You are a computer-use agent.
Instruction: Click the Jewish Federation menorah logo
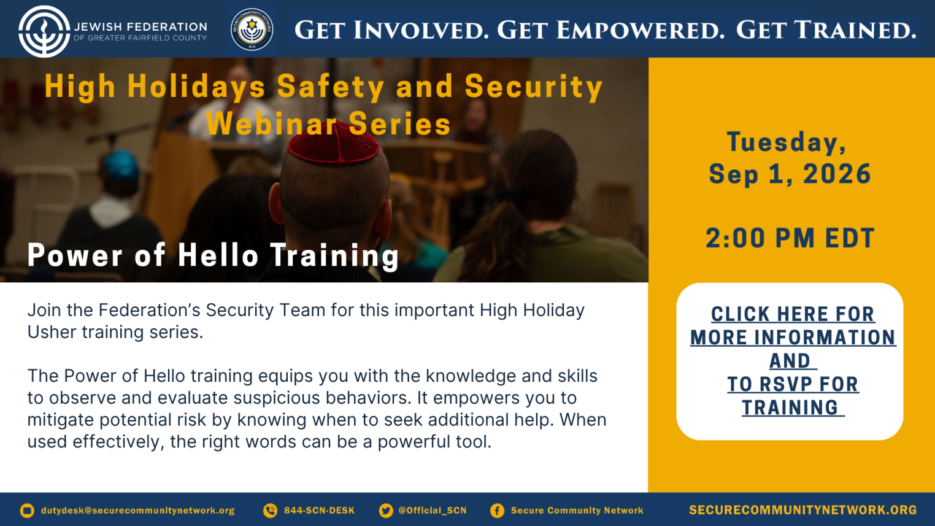[x=44, y=31]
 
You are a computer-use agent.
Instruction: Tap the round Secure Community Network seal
[x=252, y=29]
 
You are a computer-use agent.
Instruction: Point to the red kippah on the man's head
[x=333, y=142]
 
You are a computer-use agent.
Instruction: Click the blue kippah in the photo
[x=121, y=165]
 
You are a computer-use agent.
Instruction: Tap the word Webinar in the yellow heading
[x=272, y=124]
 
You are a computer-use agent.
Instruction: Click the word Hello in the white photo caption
[x=218, y=255]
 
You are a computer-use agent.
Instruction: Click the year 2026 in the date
[x=837, y=174]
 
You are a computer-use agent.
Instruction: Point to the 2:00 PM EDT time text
[x=790, y=238]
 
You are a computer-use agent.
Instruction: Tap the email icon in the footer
[x=27, y=510]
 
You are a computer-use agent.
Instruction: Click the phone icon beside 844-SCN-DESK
[x=270, y=510]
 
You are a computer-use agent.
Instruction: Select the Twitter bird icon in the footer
[x=386, y=510]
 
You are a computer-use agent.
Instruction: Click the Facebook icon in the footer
[x=497, y=510]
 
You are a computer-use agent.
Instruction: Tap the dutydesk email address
[x=138, y=511]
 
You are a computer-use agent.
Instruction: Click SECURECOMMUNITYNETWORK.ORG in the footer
[x=802, y=510]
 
